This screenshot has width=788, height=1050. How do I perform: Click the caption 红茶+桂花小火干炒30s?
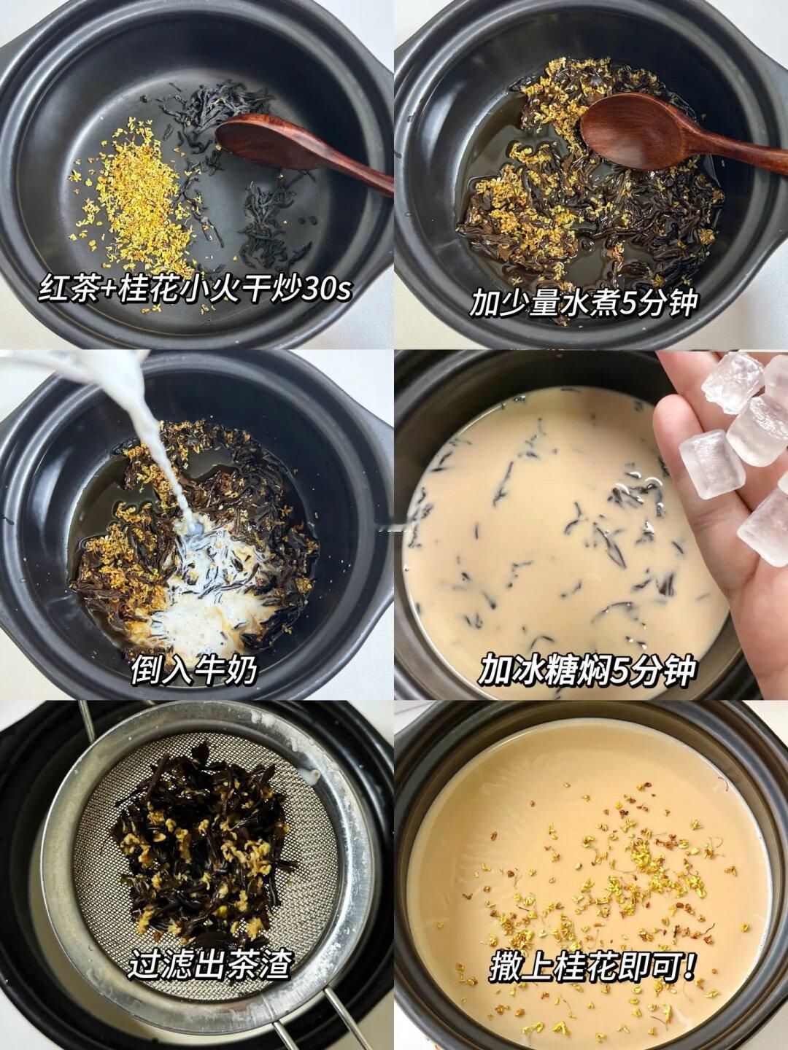(x=196, y=289)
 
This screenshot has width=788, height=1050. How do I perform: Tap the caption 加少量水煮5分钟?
(x=582, y=303)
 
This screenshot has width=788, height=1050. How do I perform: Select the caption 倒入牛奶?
(x=194, y=671)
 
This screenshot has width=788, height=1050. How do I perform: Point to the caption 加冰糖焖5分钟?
(x=587, y=672)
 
